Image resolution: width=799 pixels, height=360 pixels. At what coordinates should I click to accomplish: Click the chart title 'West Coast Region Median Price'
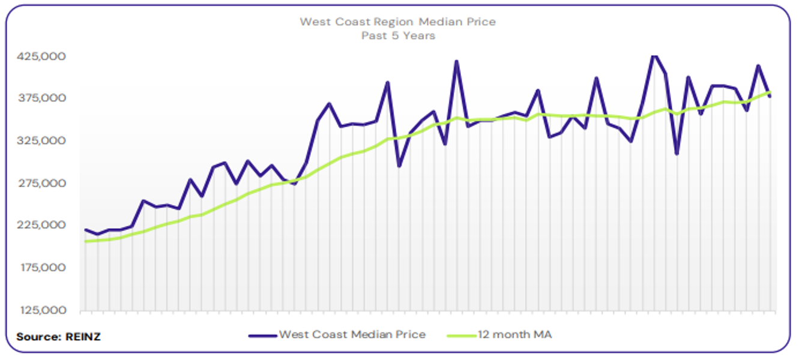[398, 22]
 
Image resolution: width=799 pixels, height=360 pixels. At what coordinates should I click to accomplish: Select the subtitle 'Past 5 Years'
[398, 35]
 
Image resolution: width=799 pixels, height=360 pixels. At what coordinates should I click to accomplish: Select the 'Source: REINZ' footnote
[59, 337]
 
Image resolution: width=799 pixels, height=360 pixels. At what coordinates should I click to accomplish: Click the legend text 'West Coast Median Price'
[352, 335]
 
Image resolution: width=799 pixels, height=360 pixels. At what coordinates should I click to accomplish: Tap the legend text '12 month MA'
[514, 335]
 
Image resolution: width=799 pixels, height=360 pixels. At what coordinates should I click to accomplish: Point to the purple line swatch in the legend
[263, 335]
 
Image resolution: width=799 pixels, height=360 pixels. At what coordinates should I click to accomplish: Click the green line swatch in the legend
[462, 335]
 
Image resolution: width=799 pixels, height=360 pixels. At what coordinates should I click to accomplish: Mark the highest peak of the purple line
[654, 56]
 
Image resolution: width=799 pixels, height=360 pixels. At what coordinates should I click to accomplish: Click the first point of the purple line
[86, 230]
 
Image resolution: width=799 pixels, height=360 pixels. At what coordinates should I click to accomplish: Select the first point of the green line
[86, 241]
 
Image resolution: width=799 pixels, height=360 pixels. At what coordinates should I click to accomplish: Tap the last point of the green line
[770, 92]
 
